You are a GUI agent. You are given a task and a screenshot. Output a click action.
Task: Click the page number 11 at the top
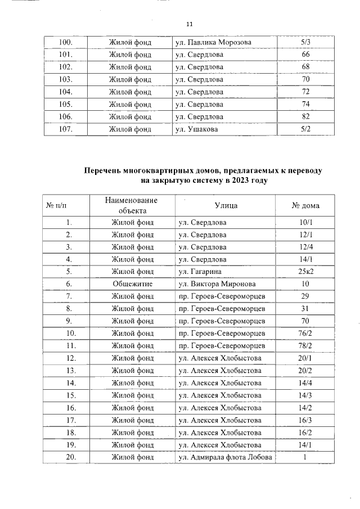tap(189, 24)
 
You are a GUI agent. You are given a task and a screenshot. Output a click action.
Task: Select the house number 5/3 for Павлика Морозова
tap(305, 42)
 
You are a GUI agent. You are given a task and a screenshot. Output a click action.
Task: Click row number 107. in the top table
tap(66, 129)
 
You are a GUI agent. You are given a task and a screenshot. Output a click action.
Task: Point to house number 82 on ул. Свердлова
tap(305, 116)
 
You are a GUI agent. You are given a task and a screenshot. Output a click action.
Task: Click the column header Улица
tap(226, 205)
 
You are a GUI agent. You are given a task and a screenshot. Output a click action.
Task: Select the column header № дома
tap(306, 205)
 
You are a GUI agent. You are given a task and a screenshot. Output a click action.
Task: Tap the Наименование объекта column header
tap(132, 205)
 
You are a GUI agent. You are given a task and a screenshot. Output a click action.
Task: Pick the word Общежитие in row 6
tap(132, 284)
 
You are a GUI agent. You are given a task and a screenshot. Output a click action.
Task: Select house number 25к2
tap(306, 272)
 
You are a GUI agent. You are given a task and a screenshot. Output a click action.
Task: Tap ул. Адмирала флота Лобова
tap(225, 457)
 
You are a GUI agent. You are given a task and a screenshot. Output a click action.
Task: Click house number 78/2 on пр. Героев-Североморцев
tap(306, 346)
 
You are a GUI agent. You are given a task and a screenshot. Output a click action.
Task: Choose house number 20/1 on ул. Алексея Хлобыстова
tap(306, 358)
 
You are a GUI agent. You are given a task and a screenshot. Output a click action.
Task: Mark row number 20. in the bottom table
tap(71, 457)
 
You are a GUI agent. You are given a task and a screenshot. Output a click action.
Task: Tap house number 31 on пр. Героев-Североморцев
tap(306, 309)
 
